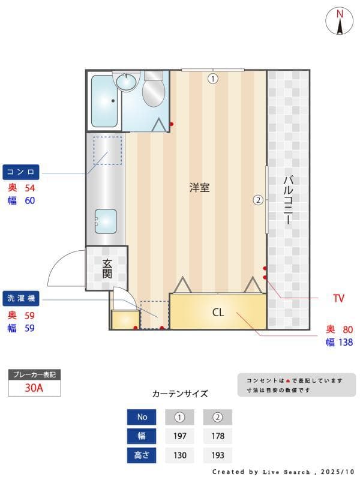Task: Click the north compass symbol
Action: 340,21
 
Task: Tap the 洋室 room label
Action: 199,187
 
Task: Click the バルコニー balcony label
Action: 288,200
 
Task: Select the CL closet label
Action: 218,313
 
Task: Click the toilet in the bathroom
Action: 154,91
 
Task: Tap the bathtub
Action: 106,101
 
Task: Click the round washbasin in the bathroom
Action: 127,82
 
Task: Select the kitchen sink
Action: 106,221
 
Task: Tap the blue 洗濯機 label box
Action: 22,298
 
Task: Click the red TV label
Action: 339,298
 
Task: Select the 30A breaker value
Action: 34,388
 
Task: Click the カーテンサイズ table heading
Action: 180,394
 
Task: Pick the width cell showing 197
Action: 179,436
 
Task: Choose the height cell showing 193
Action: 217,455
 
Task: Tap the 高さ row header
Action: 142,455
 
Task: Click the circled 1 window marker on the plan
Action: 212,78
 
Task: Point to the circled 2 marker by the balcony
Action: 258,200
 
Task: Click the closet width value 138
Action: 344,342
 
